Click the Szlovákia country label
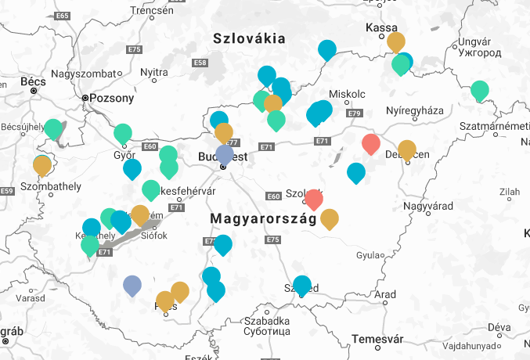(x=249, y=38)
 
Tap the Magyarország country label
(x=262, y=219)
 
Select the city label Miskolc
(x=347, y=94)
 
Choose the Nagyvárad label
(x=429, y=207)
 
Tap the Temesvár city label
(x=377, y=339)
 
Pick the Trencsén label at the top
(x=151, y=10)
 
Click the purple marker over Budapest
(x=225, y=153)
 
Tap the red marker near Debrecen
(x=372, y=143)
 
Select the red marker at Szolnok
(x=314, y=198)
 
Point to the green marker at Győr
(x=123, y=133)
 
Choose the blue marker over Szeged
(x=302, y=285)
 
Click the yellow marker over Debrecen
(x=407, y=149)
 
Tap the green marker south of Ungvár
(x=479, y=90)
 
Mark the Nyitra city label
(x=153, y=73)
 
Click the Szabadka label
(x=268, y=321)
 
